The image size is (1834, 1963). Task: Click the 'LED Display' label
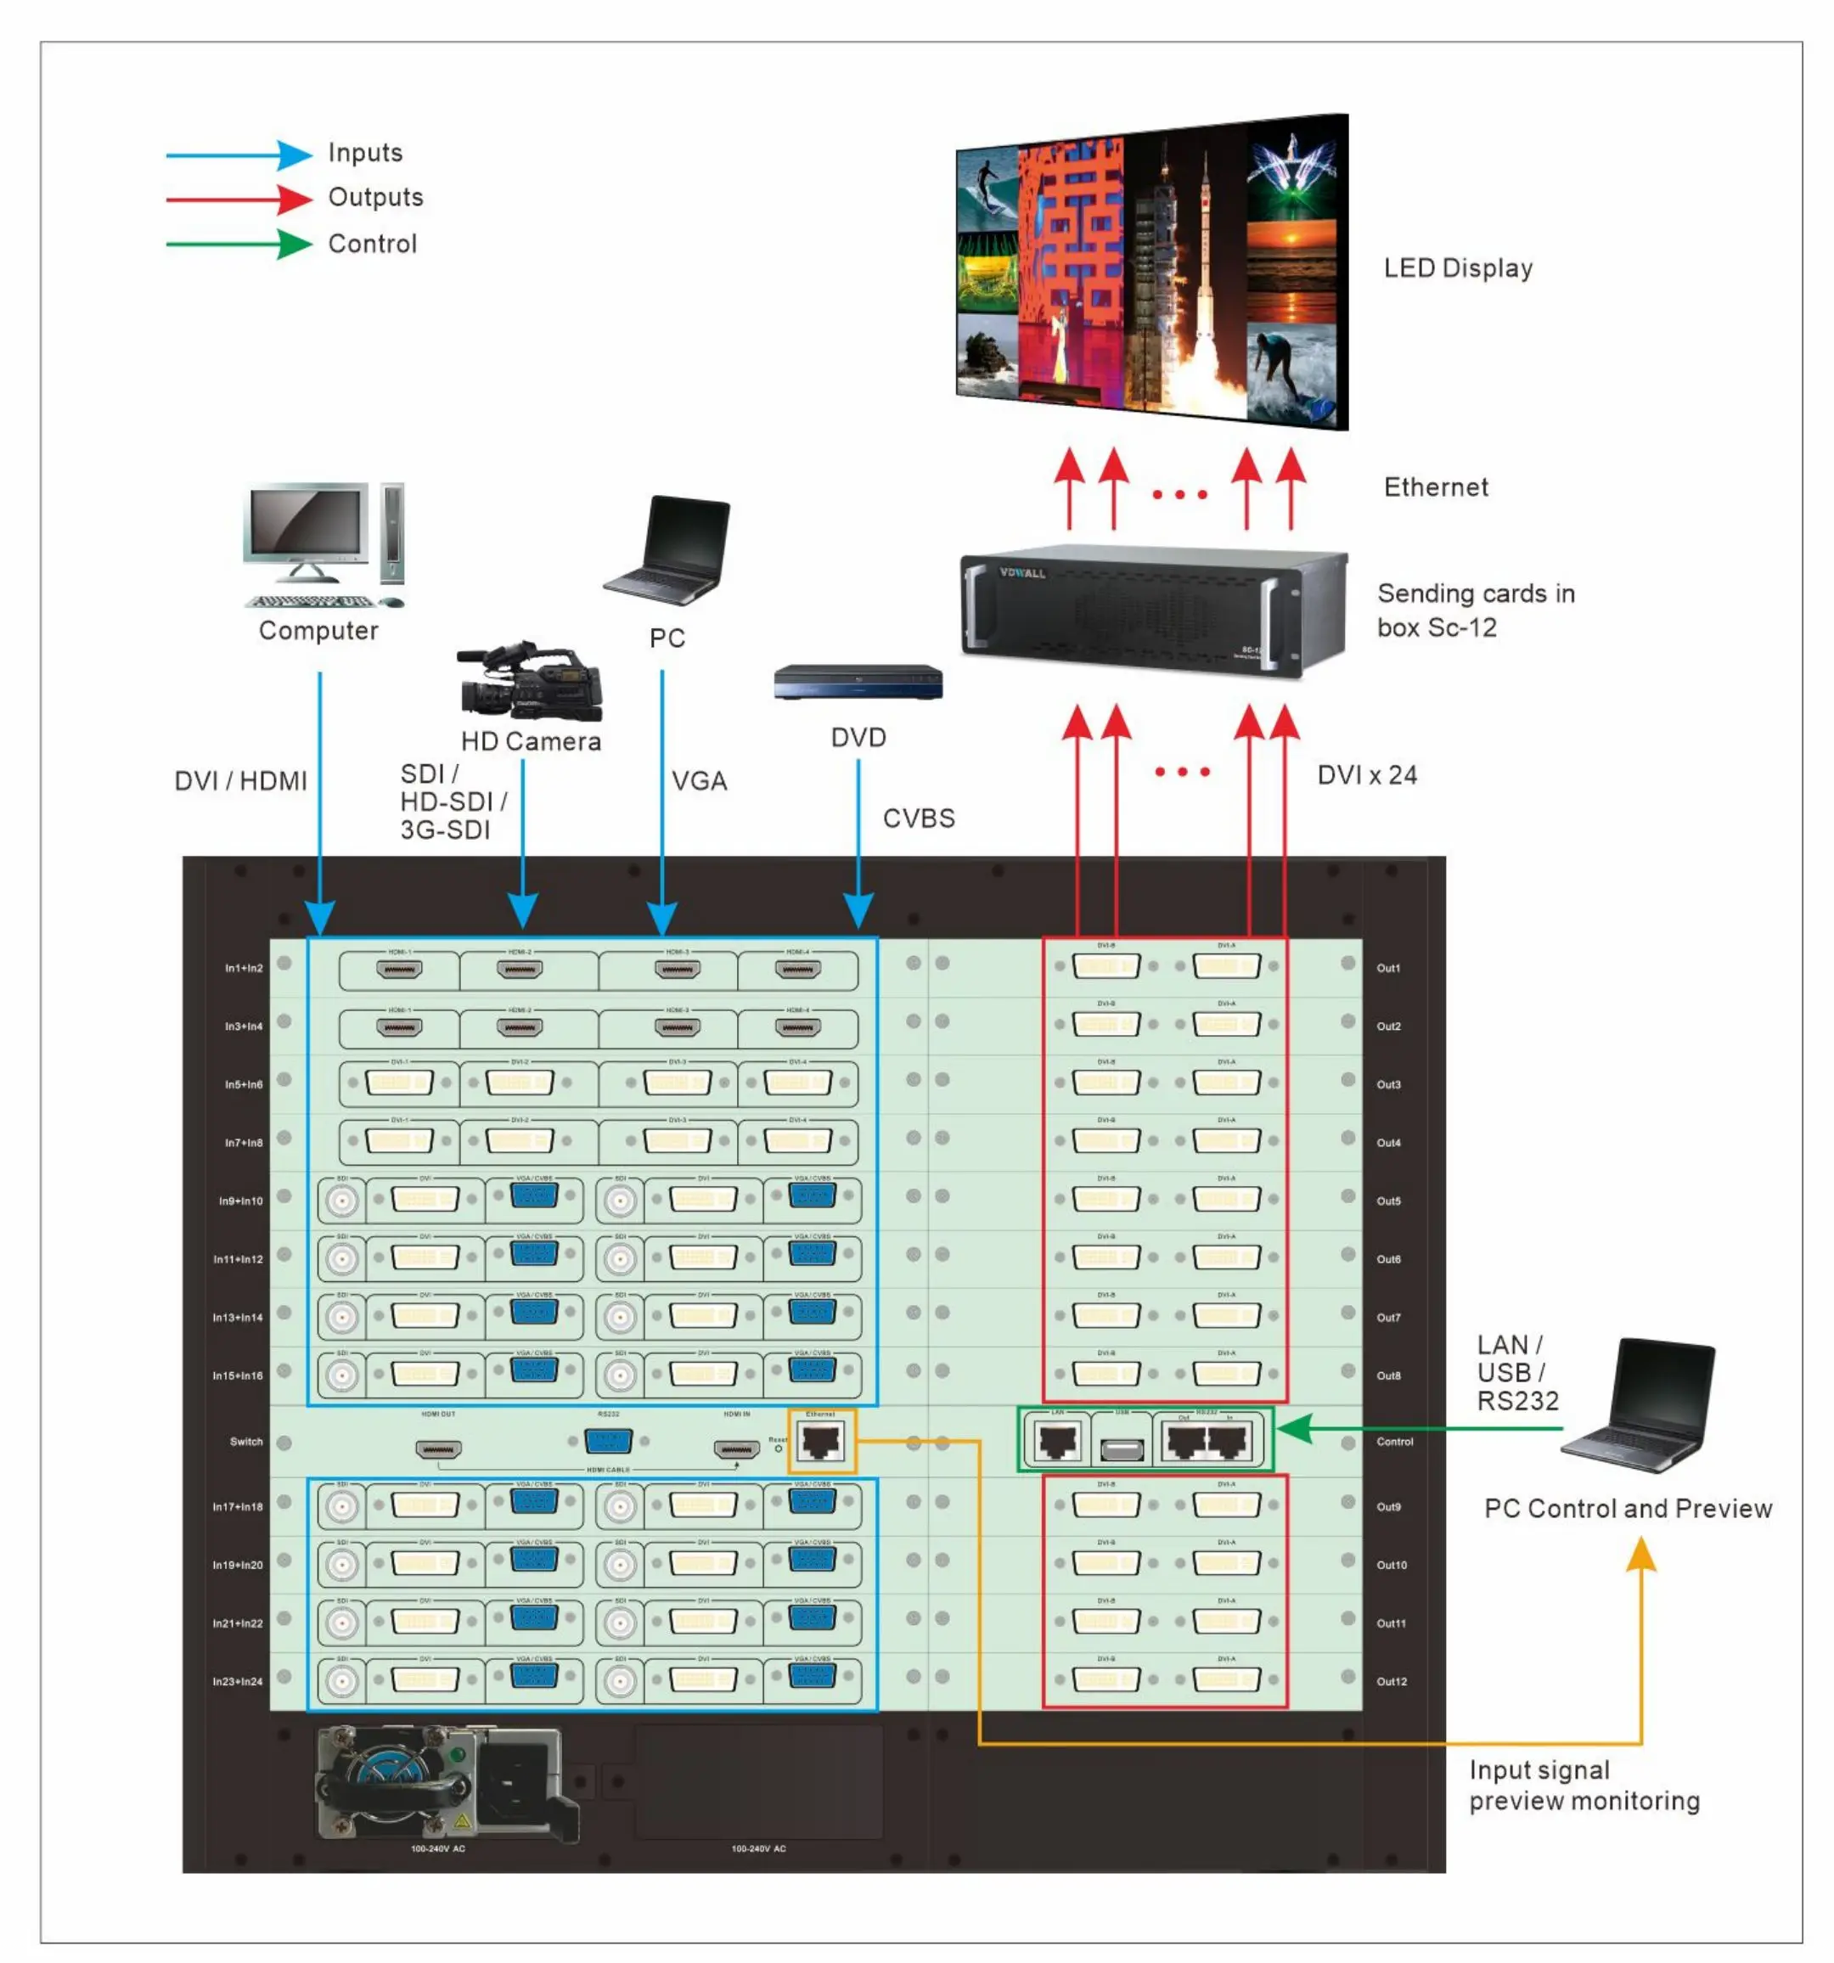pos(1458,268)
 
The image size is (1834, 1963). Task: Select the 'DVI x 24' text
pos(1367,775)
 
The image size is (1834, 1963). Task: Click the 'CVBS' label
pos(919,818)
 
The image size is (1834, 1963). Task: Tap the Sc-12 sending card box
pos(1151,610)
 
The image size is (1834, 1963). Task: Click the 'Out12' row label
pos(1392,1682)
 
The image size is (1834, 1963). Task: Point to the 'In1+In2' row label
pos(244,969)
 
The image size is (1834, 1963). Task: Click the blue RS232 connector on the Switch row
pos(609,1442)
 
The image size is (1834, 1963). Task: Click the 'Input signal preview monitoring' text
pos(1584,1786)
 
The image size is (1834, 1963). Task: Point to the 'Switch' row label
pos(247,1442)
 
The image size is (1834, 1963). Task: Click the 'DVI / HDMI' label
pos(241,781)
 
